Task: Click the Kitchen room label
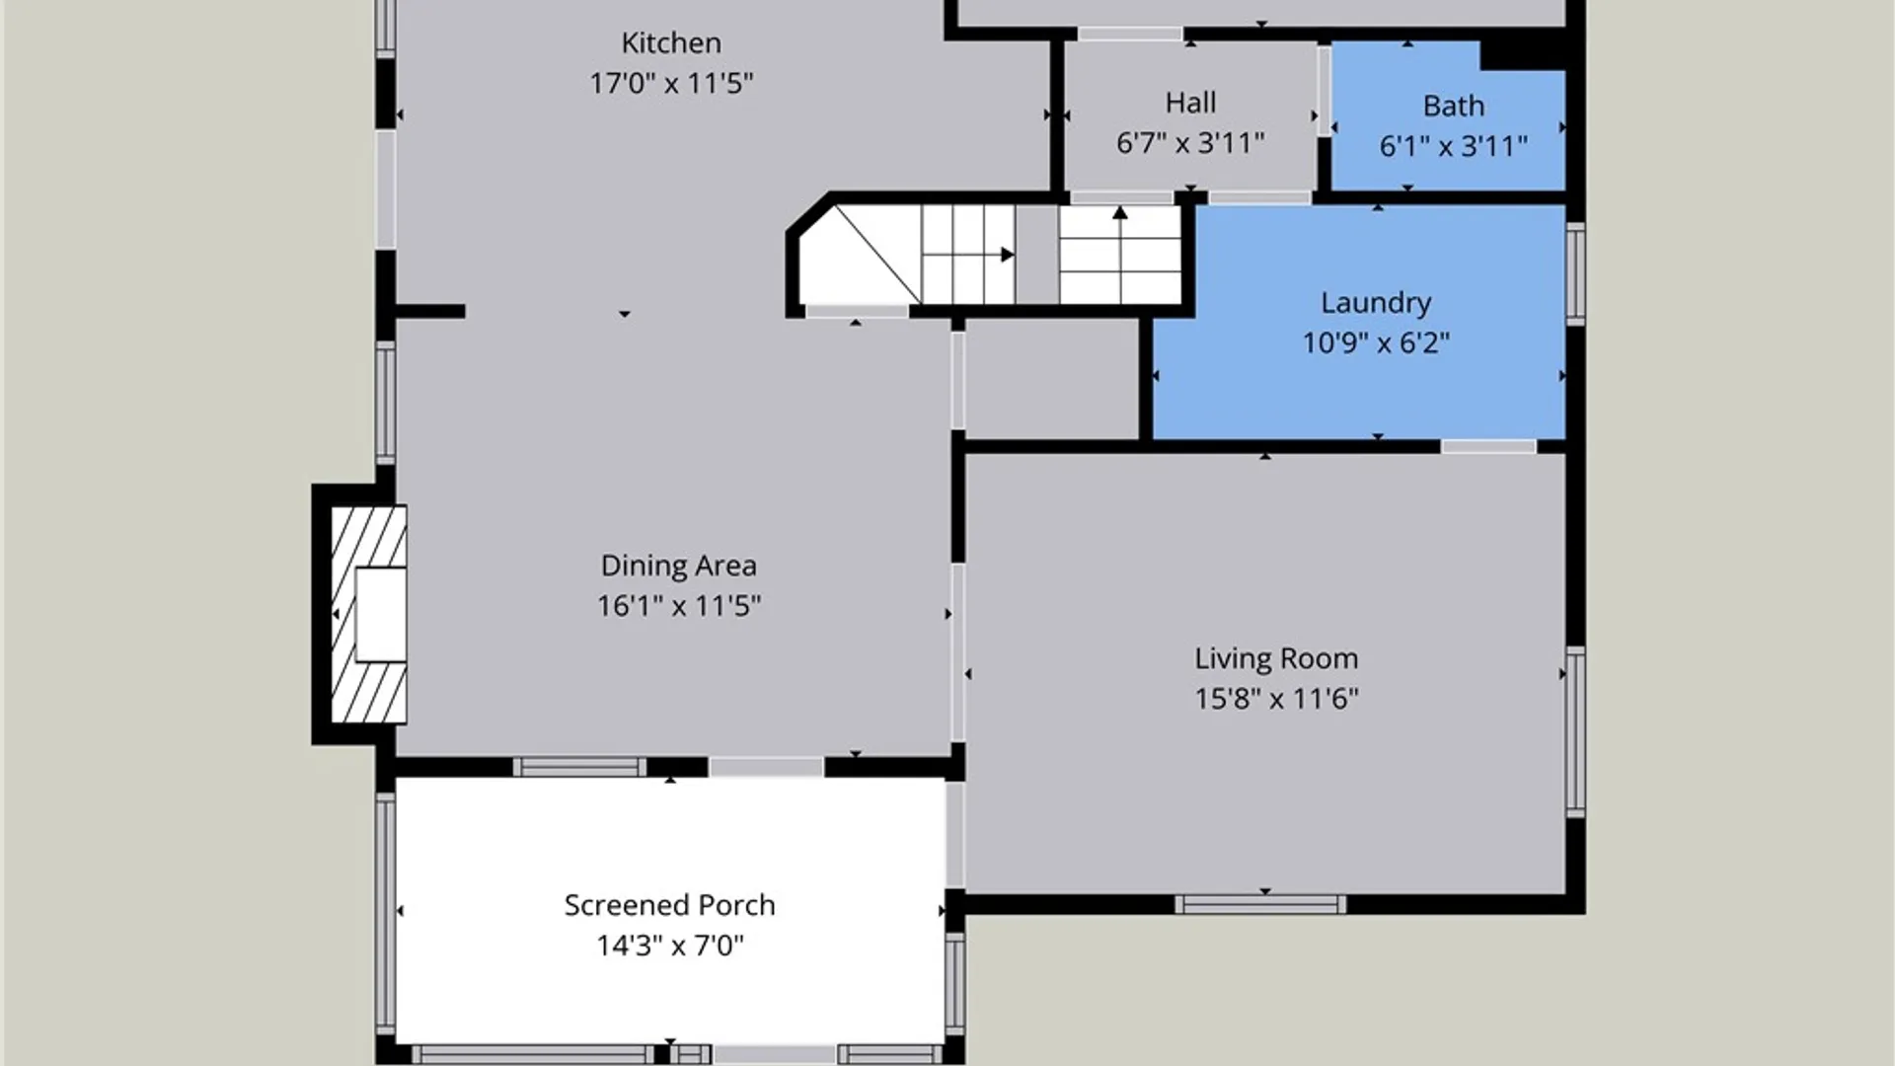[671, 43]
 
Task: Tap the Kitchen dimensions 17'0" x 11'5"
[671, 83]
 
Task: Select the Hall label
[1190, 103]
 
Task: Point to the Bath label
[1453, 106]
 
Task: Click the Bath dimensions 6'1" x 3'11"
[1453, 146]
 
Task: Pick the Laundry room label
[1376, 303]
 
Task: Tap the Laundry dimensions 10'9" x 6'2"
[1376, 343]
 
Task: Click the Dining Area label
[679, 566]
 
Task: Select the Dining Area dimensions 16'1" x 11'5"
[679, 605]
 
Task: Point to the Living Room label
[1276, 658]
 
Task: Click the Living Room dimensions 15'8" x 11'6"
[1276, 699]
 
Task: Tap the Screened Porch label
[669, 905]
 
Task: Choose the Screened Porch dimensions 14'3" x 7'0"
[669, 946]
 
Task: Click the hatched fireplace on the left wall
[368, 614]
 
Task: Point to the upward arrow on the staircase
[1120, 254]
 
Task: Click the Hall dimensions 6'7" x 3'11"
[1190, 143]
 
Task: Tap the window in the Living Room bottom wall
[1260, 904]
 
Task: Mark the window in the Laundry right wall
[1575, 273]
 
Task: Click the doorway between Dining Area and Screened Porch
[766, 767]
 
